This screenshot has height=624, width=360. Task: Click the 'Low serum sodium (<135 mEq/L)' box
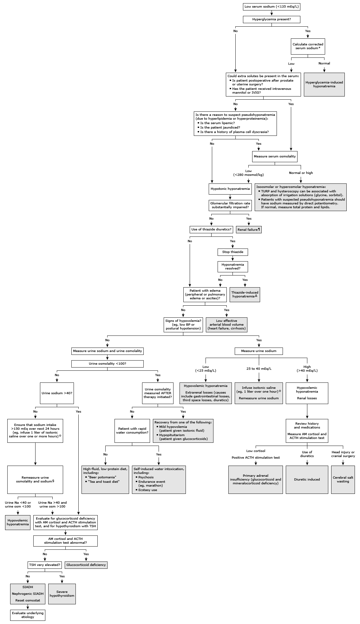[272, 7]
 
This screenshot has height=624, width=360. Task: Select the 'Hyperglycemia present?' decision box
[272, 19]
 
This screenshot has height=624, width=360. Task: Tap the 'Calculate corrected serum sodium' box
[308, 46]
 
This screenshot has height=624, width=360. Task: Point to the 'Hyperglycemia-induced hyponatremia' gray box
[324, 84]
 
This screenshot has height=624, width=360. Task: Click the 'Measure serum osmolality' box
[275, 156]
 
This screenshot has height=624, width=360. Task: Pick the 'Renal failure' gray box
[249, 229]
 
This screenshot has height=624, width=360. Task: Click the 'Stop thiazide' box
[232, 252]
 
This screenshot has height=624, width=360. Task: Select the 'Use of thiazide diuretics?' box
[211, 229]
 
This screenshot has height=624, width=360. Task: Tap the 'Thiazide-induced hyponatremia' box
[245, 294]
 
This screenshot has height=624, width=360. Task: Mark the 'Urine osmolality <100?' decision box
[108, 364]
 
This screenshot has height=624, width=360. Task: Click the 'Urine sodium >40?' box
[57, 393]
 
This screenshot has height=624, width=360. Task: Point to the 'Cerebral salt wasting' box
[343, 480]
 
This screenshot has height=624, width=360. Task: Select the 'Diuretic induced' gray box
[307, 480]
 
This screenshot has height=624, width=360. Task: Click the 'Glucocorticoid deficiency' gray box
[86, 565]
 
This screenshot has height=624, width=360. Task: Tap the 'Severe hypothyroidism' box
[62, 594]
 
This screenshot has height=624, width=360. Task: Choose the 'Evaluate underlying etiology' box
[28, 615]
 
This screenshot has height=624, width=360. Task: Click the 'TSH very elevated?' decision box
[45, 565]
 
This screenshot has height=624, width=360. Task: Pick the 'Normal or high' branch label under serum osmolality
[301, 173]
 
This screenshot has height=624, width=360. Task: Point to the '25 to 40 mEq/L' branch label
[259, 369]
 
